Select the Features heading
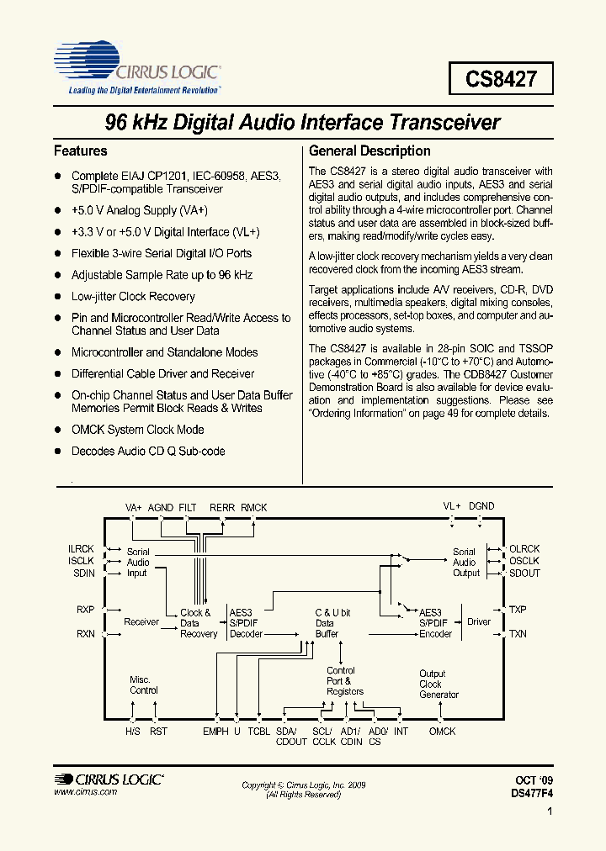[x=81, y=151]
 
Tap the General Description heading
[x=369, y=151]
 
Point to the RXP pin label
[x=86, y=609]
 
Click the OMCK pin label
[x=442, y=732]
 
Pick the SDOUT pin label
[x=524, y=573]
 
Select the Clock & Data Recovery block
[x=199, y=623]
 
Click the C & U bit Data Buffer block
[x=332, y=623]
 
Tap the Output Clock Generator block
[x=439, y=684]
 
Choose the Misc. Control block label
[x=144, y=684]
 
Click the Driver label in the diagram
[x=479, y=622]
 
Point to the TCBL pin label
[x=259, y=732]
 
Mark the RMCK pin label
[x=253, y=507]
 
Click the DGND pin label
[x=481, y=506]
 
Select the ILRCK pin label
[x=82, y=548]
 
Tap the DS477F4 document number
[x=532, y=793]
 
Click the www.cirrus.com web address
[x=85, y=793]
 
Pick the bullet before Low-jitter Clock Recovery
[x=59, y=297]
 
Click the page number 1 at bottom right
[x=549, y=812]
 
